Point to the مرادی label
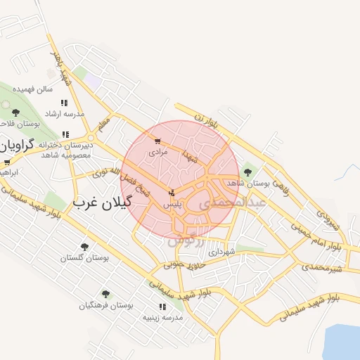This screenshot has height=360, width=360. [157, 152]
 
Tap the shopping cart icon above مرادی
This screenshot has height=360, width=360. [157, 141]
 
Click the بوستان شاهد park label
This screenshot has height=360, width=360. [248, 183]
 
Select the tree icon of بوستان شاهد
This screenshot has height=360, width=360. [247, 171]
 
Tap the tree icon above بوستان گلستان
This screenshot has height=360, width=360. [85, 247]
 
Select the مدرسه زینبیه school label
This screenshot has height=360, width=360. [163, 318]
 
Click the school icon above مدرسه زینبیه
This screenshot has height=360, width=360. [163, 307]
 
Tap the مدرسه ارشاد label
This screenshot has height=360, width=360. [64, 113]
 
